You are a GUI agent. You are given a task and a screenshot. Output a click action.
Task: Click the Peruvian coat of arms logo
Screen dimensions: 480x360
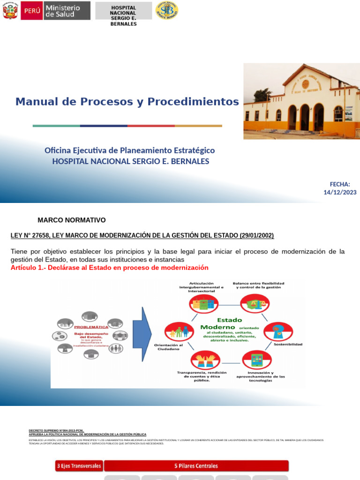click(10, 11)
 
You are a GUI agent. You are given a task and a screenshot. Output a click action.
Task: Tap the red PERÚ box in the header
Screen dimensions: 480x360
click(32, 11)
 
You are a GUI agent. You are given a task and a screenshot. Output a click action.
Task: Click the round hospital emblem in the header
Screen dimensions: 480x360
click(166, 11)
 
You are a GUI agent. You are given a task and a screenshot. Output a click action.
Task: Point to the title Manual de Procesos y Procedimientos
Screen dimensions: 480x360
click(127, 102)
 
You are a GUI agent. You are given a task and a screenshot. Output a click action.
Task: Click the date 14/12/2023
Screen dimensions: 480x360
click(340, 192)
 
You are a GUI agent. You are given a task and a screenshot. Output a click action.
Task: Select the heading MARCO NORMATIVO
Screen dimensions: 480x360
click(72, 220)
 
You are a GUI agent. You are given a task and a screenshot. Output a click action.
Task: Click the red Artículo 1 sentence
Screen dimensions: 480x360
click(109, 268)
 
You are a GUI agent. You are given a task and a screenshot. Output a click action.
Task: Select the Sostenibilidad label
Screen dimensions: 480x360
click(288, 344)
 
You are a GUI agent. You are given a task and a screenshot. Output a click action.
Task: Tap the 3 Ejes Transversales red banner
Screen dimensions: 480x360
click(79, 466)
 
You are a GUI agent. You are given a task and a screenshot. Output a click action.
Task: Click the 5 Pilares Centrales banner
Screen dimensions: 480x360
click(196, 466)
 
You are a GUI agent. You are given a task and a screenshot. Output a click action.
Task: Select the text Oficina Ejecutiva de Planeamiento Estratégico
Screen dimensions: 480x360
click(130, 150)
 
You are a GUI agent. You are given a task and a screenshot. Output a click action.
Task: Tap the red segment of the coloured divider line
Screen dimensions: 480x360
click(151, 126)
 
